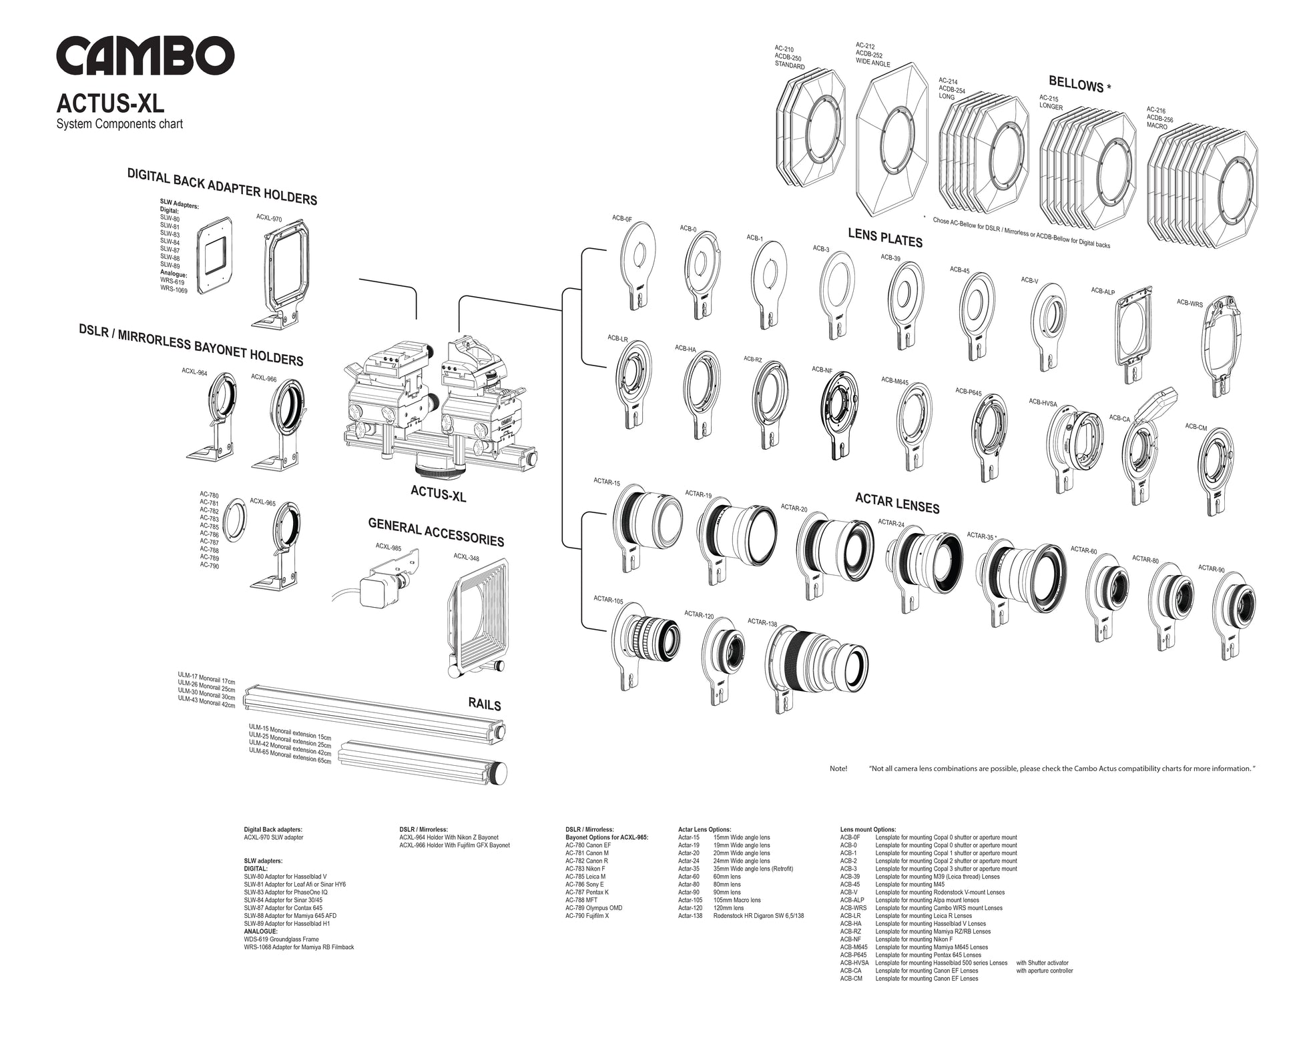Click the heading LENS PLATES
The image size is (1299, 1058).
click(885, 237)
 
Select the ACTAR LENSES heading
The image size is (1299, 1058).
click(897, 503)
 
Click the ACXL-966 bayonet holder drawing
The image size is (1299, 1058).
click(286, 420)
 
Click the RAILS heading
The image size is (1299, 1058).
click(484, 704)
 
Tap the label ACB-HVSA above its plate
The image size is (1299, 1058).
click(1042, 402)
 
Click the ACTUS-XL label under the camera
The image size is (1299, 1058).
click(438, 493)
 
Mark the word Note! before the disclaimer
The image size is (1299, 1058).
click(838, 768)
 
